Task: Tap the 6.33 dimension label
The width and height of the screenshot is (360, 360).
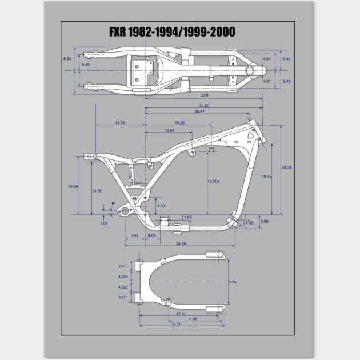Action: pyautogui.click(x=67, y=59)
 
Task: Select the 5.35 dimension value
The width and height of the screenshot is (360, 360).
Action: pyautogui.click(x=86, y=65)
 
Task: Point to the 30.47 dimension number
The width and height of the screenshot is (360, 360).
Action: pyautogui.click(x=199, y=111)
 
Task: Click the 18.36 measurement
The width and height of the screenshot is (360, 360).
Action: pyautogui.click(x=179, y=123)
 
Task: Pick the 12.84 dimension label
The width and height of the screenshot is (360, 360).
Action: pyautogui.click(x=169, y=131)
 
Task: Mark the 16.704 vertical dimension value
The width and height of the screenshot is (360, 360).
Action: pyautogui.click(x=214, y=181)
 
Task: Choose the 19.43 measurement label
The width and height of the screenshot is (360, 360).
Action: pyautogui.click(x=267, y=177)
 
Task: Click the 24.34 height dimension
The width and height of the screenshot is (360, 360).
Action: pyautogui.click(x=286, y=167)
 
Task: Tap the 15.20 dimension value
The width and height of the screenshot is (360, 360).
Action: pyautogui.click(x=73, y=186)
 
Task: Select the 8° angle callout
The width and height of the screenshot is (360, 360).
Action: pyautogui.click(x=113, y=203)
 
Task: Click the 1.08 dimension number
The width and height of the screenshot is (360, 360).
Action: pyautogui.click(x=103, y=223)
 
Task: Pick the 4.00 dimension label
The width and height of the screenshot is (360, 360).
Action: pyautogui.click(x=161, y=206)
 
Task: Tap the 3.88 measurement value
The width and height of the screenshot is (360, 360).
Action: pyautogui.click(x=264, y=221)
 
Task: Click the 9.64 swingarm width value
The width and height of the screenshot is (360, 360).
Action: pyautogui.click(x=233, y=282)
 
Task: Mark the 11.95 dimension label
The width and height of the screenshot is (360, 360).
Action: pyautogui.click(x=193, y=319)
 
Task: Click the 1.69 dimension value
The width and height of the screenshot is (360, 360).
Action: pyautogui.click(x=188, y=217)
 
